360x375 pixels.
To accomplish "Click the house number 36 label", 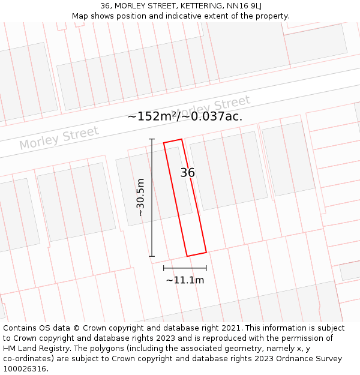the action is [x=187, y=173].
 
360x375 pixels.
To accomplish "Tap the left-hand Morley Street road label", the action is [x=59, y=139].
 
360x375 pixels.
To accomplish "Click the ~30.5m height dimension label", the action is [x=140, y=197].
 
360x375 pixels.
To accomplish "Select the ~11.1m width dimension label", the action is [x=185, y=280].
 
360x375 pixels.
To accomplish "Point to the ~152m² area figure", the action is [x=152, y=116].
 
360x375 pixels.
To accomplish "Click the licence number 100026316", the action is [x=26, y=369].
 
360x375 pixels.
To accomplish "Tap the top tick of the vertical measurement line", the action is [x=152, y=139].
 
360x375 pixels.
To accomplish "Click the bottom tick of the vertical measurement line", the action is [x=152, y=257].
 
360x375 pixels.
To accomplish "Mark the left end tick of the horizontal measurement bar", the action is [x=164, y=268].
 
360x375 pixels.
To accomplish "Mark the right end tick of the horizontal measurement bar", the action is [x=206, y=268].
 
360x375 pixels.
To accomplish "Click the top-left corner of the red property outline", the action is [x=164, y=143].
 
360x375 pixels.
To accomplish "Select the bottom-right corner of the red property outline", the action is [x=206, y=252].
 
